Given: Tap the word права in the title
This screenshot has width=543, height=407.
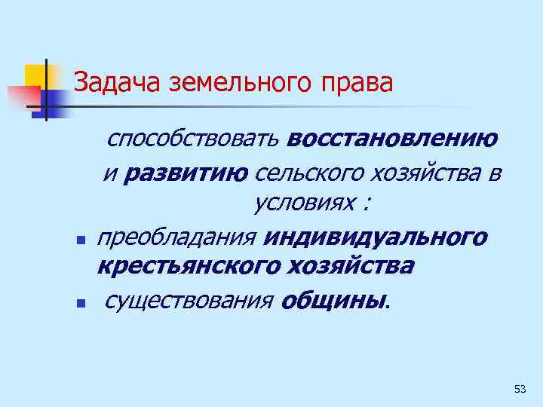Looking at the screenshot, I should pyautogui.click(x=357, y=82).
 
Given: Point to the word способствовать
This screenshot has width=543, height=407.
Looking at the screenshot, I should pyautogui.click(x=194, y=139).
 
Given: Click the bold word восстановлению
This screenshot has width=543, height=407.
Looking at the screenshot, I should pyautogui.click(x=391, y=139).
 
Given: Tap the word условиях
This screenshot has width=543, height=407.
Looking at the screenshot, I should pyautogui.click(x=301, y=203).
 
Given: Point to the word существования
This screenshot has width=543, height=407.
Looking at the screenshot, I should pyautogui.click(x=189, y=301).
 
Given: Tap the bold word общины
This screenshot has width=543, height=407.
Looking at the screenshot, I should pyautogui.click(x=333, y=301).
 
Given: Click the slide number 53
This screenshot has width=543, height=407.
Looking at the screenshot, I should pyautogui.click(x=520, y=389).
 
